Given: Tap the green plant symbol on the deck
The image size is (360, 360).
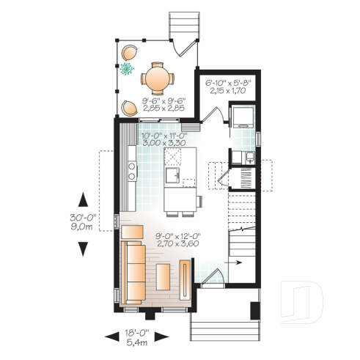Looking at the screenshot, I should (x=127, y=70).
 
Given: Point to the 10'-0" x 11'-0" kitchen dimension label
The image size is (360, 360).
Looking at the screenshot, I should (x=165, y=139).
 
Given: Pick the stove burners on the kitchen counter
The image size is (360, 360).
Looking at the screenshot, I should (x=131, y=172).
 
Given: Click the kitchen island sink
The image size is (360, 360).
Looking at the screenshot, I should (x=173, y=177).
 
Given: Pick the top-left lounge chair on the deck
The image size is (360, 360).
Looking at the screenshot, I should (x=130, y=53).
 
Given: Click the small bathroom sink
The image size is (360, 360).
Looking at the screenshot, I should (x=249, y=156).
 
